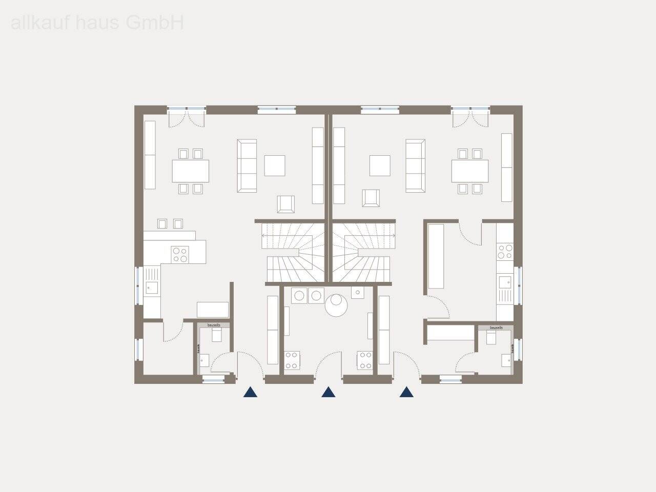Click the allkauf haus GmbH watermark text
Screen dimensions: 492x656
coord(97,23)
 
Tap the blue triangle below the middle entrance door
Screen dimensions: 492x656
coord(328,393)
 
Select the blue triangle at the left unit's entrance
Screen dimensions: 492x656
coord(250,393)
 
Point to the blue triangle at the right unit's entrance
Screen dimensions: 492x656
coord(407,393)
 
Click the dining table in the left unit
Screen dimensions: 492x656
coord(191,171)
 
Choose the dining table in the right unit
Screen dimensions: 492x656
coord(469,171)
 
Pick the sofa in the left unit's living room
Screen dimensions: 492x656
coord(247,166)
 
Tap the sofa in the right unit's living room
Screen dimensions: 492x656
coord(416,166)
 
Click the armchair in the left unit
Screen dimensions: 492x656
coord(286,203)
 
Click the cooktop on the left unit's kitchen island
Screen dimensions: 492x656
coord(180,254)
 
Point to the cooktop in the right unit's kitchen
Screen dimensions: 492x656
coord(505,251)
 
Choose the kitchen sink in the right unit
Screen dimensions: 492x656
coord(505,282)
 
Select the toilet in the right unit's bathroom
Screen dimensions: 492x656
coord(491,337)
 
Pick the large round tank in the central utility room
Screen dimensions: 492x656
coord(337,305)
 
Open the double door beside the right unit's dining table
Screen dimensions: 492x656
coord(470,118)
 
